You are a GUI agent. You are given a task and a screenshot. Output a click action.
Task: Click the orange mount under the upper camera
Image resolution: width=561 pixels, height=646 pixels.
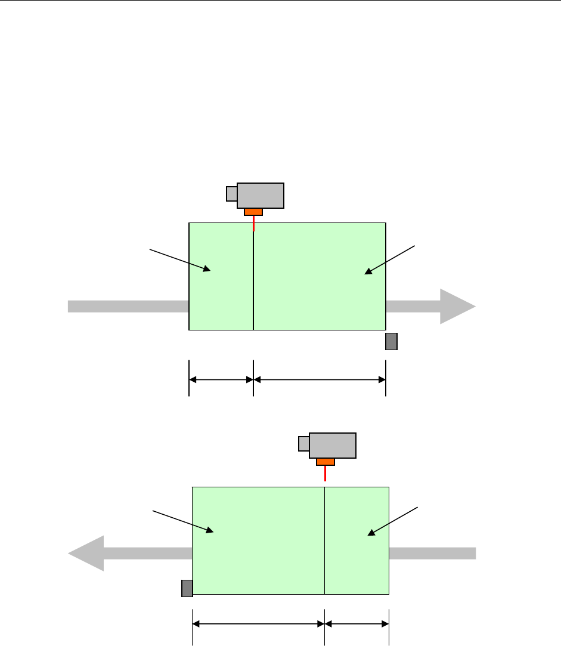point(253,212)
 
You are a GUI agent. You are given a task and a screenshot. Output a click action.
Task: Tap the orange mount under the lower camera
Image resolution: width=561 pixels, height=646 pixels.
point(325,462)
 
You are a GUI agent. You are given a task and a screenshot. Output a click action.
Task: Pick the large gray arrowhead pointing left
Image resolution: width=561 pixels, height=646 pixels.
point(87,553)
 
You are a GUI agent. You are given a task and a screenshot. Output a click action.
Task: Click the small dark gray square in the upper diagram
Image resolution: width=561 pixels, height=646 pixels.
point(391,341)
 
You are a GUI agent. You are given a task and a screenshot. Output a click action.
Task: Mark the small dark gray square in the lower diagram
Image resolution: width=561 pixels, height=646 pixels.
point(187,588)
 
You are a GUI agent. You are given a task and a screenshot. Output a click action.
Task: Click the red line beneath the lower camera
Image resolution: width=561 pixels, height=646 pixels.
point(325,473)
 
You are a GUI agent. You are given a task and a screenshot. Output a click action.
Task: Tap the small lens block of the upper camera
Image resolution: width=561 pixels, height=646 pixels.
point(231,194)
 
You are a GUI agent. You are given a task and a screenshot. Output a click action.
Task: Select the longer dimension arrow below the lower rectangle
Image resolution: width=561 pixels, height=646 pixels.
point(258,625)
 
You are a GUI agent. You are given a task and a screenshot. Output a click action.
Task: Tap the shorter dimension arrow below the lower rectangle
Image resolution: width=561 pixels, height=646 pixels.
point(357,625)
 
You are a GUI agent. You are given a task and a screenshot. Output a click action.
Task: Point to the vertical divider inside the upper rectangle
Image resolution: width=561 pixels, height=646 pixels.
point(253,280)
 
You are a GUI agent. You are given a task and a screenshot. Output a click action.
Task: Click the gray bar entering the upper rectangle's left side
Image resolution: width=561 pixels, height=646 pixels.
point(128,306)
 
